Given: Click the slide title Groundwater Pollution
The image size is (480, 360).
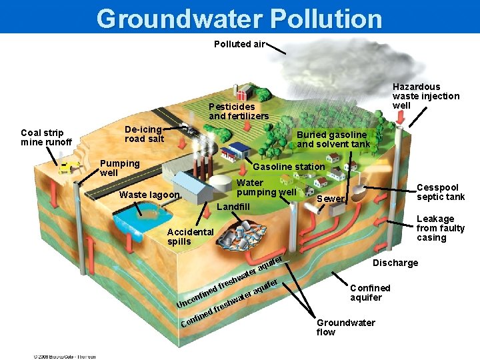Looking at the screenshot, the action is tap(239, 18).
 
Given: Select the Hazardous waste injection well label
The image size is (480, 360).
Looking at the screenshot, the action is tap(425, 96).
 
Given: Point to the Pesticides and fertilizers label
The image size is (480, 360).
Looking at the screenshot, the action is tap(239, 111).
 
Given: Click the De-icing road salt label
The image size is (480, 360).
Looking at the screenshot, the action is tap(144, 134).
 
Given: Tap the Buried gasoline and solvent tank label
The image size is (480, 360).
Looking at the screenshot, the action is tap(333, 139).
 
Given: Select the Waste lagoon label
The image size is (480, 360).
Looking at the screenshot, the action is tap(149, 195).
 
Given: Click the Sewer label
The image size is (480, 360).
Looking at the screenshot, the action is tap(331, 199).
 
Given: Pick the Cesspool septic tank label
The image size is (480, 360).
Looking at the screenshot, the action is tap(440, 193).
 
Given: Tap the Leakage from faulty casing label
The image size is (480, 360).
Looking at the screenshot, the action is tap(440, 228).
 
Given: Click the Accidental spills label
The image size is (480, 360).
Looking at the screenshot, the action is tap(190, 237).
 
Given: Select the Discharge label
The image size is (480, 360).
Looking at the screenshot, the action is tap(395, 263).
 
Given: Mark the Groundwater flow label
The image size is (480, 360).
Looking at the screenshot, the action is tap(345, 327).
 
